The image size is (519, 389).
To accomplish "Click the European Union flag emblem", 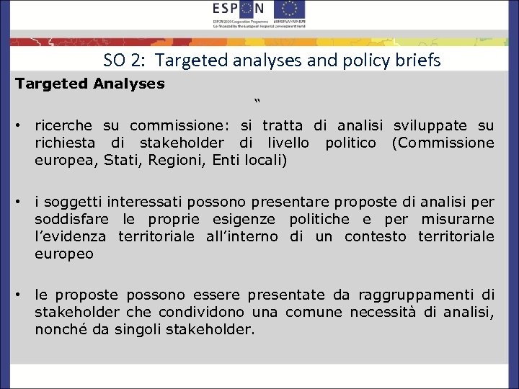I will coord(290,9).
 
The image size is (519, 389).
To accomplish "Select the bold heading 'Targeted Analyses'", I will coord(90,84).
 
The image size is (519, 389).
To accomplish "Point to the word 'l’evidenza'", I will coord(71,236).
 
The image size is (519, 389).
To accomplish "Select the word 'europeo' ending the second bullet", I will coord(64,254).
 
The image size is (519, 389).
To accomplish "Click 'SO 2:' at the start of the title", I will coord(123,61).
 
